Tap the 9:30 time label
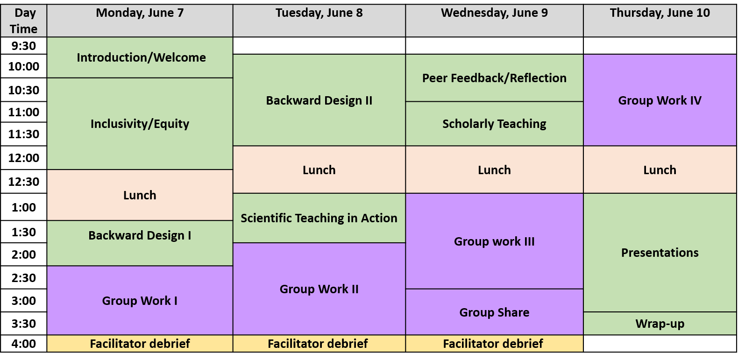[x=24, y=45]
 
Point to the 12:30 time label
[x=24, y=182]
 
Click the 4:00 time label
[x=24, y=344]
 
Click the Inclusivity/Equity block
[x=140, y=124]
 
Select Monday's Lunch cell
[x=140, y=195]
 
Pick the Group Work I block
[x=140, y=300]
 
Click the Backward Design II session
[x=319, y=100]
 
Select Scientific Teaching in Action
[x=319, y=218]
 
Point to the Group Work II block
[x=319, y=289]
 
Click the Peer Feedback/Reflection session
[x=495, y=78]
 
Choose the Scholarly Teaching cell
[x=495, y=124]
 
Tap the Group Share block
[x=495, y=312]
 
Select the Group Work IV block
[x=660, y=100]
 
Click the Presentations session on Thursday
[x=660, y=253]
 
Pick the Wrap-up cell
[x=660, y=324]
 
